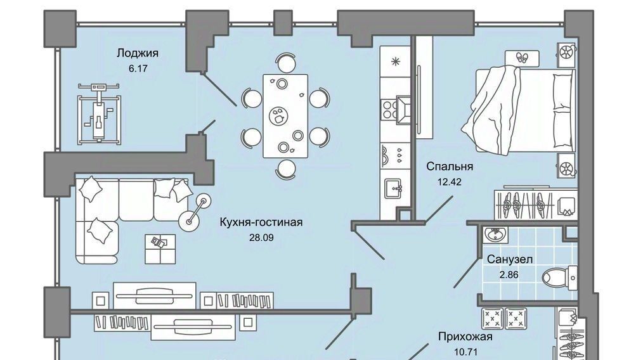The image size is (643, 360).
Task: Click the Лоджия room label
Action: (x=138, y=53)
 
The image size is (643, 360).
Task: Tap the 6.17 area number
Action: (x=138, y=68)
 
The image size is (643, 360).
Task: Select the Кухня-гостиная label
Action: (x=261, y=222)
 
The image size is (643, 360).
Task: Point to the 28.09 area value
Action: (x=261, y=238)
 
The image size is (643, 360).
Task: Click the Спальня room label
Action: (x=450, y=167)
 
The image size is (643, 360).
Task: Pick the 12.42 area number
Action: (x=450, y=182)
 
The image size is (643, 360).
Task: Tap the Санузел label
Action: (x=509, y=259)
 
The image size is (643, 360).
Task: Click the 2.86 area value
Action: (x=509, y=274)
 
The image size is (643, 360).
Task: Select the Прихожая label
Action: (x=465, y=337)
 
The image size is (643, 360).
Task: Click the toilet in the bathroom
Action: (x=562, y=276)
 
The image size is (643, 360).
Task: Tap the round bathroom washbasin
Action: (x=495, y=235)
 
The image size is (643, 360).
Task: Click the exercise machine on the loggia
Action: (x=98, y=113)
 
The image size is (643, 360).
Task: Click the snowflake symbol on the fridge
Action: (x=396, y=61)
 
